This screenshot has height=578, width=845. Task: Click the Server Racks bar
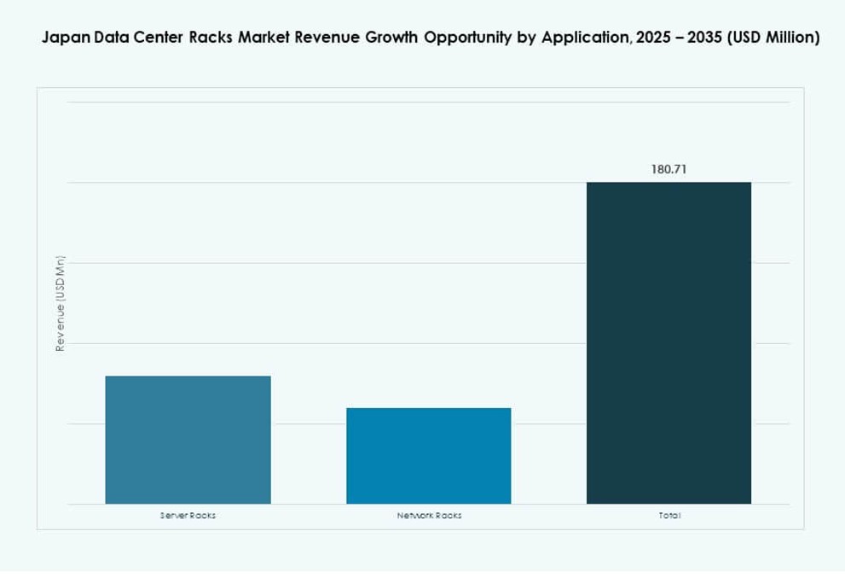tap(188, 440)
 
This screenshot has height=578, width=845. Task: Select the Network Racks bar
tap(428, 456)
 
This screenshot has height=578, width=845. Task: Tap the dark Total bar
tap(668, 342)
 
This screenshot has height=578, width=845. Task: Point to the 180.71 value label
tap(668, 169)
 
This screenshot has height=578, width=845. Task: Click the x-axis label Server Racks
tap(188, 516)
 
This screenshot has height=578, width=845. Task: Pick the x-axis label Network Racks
tap(429, 516)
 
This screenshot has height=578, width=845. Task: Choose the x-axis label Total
tap(669, 516)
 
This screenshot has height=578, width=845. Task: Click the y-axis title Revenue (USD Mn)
tap(60, 304)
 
